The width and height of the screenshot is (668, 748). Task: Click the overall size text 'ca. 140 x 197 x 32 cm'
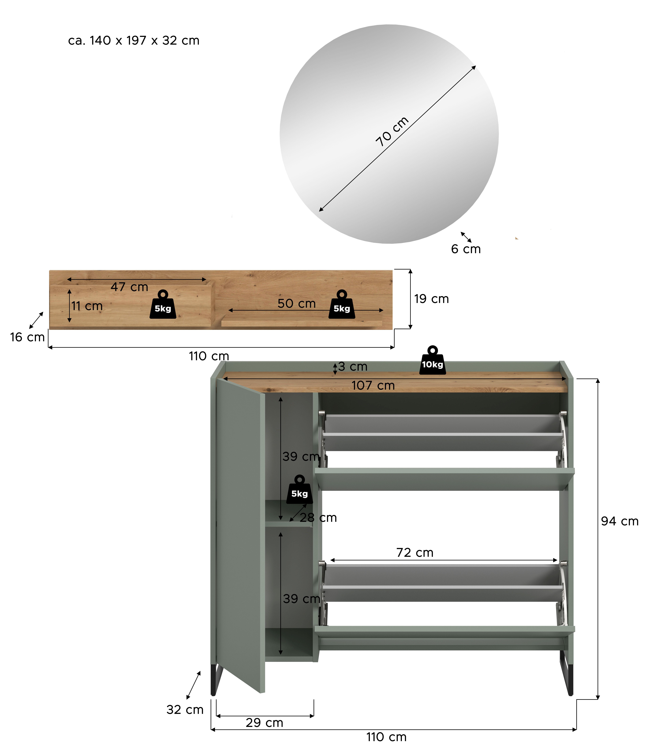point(134,40)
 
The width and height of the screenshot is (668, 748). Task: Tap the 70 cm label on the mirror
point(392,131)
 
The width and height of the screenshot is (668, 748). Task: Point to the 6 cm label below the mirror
point(466,249)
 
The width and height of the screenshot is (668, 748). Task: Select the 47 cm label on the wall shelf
point(129,287)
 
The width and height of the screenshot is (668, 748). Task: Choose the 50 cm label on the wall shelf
point(297,304)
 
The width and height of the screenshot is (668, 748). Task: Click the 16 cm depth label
point(28,337)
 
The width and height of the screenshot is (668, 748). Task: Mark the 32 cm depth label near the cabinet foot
point(185,710)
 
